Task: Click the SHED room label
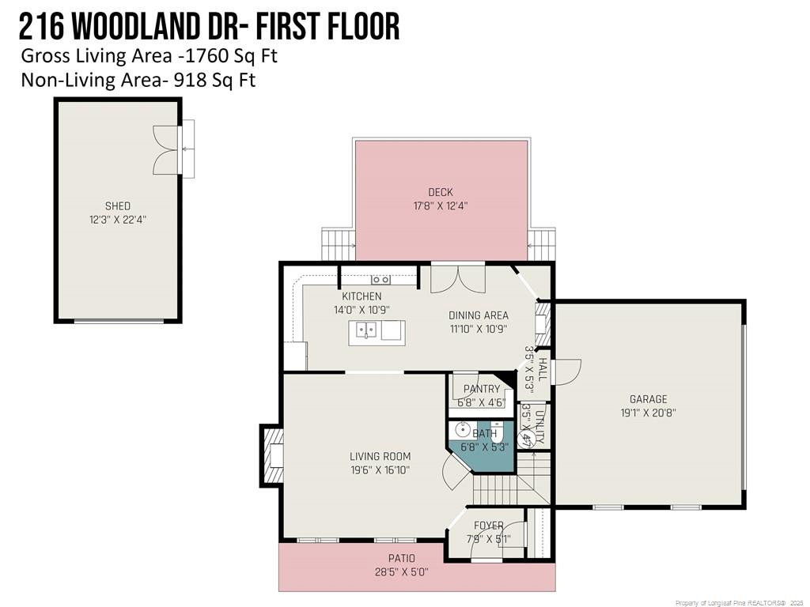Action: click(118, 206)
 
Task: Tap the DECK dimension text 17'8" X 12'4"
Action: click(441, 206)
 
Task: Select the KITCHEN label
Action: click(361, 296)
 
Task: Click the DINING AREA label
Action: click(479, 315)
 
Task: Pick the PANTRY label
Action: click(482, 389)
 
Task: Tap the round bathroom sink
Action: click(463, 429)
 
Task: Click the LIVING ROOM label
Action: click(380, 456)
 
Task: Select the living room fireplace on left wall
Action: click(272, 455)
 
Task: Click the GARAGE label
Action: click(649, 399)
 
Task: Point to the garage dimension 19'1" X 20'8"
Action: click(649, 413)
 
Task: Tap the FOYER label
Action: click(488, 526)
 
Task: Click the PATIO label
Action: click(401, 558)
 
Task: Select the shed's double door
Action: click(166, 149)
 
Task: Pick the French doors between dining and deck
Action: click(458, 279)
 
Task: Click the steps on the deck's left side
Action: click(339, 244)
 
